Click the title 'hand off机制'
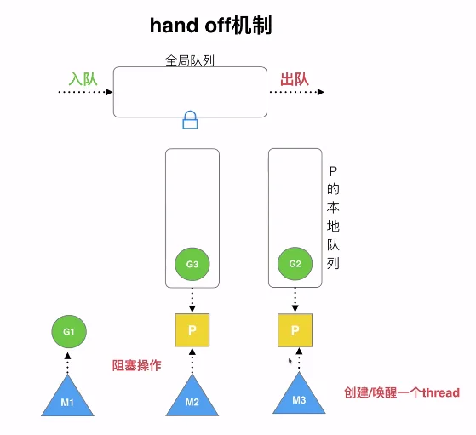[210, 26]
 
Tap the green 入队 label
[83, 79]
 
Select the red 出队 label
[295, 79]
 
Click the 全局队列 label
[190, 60]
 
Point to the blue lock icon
[190, 119]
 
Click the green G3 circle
[192, 264]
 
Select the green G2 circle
[295, 264]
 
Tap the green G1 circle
[69, 331]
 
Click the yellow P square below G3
[192, 330]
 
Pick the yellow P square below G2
[295, 330]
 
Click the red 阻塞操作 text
[136, 365]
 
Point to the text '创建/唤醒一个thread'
[402, 392]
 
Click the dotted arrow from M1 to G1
[68, 363]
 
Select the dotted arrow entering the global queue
[86, 92]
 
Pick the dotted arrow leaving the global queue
[296, 92]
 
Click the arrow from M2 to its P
[192, 361]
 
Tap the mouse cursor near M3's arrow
[290, 361]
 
